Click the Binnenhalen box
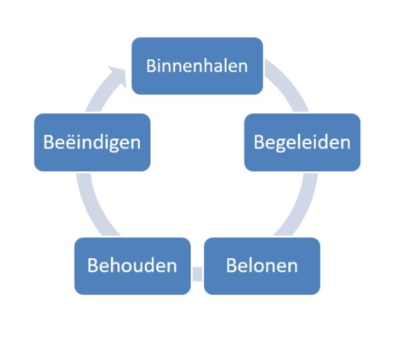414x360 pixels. click(x=197, y=66)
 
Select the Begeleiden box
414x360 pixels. click(x=302, y=142)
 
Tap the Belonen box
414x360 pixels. click(x=262, y=266)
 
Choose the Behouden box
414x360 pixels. click(x=133, y=266)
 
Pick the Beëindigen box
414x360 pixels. click(x=92, y=142)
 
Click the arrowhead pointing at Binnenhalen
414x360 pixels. click(x=117, y=75)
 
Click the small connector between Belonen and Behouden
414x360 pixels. click(x=197, y=274)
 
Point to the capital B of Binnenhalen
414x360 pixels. click(x=151, y=66)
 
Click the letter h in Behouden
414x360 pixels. click(x=114, y=265)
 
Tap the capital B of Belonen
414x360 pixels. click(x=231, y=265)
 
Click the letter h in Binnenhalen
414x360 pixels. click(x=206, y=65)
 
